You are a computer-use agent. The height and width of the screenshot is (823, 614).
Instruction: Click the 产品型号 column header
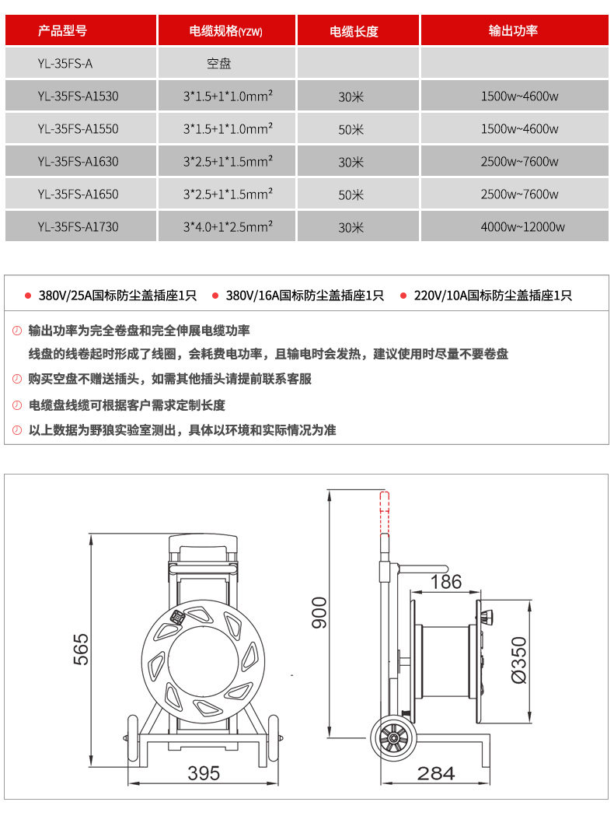(62, 31)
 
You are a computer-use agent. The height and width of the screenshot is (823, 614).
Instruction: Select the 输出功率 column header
(513, 31)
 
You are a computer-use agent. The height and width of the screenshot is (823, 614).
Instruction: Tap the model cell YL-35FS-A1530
(78, 96)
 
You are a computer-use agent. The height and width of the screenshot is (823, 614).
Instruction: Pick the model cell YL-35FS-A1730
(78, 226)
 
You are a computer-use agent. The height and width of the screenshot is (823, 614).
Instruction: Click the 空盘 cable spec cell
(218, 64)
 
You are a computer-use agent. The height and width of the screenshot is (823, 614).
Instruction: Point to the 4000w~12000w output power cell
(523, 226)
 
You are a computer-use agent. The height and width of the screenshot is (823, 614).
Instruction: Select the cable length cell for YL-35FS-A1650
(351, 194)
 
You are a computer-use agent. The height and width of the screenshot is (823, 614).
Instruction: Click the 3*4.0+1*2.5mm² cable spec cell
(228, 226)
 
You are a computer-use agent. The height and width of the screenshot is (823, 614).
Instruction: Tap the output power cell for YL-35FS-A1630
(520, 162)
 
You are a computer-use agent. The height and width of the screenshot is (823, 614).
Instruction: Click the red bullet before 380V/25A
(28, 296)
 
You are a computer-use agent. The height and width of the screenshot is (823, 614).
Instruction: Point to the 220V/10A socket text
(492, 296)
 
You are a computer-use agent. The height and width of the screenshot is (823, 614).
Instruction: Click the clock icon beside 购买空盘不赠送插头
(17, 379)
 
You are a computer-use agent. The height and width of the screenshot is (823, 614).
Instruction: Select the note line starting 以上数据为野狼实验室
(182, 430)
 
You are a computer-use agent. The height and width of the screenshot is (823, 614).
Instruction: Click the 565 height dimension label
(81, 650)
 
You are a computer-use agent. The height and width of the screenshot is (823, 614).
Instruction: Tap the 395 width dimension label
(204, 773)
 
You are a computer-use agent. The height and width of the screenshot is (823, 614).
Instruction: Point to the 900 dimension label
(319, 612)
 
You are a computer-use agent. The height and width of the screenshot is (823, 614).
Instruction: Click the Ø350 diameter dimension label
(518, 660)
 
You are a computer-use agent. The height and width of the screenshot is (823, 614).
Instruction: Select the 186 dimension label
(445, 582)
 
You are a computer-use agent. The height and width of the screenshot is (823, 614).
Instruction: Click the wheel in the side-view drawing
(393, 738)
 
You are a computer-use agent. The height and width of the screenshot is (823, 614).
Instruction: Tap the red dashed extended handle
(385, 513)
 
